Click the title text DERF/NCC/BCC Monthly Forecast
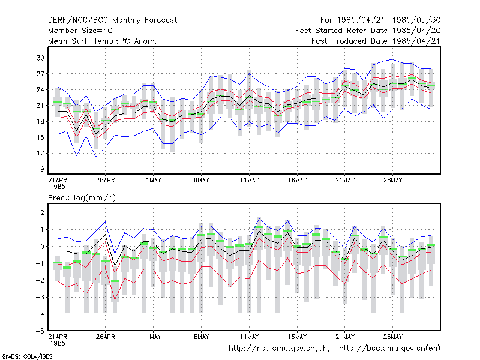112,20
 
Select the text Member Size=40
80,31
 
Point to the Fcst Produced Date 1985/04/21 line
376,41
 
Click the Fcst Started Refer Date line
368,31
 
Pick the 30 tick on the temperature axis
40,58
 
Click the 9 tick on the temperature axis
42,169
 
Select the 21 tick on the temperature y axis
40,106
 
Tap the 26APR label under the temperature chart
106,180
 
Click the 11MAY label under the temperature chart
249,180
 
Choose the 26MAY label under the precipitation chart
393,337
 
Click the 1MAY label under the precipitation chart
154,337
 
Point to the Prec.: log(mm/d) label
82,198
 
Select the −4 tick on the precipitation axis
40,314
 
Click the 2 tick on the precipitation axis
42,212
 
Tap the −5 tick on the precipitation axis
40,331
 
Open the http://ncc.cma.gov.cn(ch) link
279,349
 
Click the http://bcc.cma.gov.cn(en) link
389,349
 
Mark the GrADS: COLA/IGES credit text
27,356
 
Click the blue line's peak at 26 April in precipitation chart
106,221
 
